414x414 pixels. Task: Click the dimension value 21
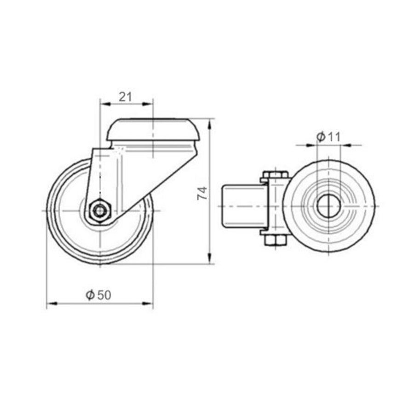pyautogui.click(x=126, y=97)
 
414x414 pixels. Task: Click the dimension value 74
pyautogui.click(x=201, y=193)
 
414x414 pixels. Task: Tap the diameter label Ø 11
pyautogui.click(x=328, y=137)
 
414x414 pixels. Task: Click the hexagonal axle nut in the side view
pyautogui.click(x=99, y=211)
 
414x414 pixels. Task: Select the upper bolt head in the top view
pyautogui.click(x=275, y=175)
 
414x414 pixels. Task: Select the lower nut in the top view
pyautogui.click(x=275, y=240)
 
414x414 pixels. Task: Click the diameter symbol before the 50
pyautogui.click(x=90, y=295)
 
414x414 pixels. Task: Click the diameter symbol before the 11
pyautogui.click(x=322, y=137)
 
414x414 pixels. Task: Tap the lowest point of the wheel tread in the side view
pyautogui.click(x=100, y=264)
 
